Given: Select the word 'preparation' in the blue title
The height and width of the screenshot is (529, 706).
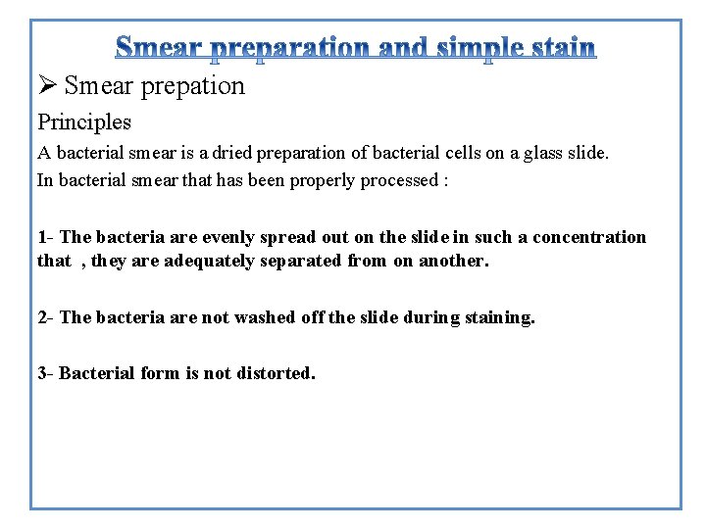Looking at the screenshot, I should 292,48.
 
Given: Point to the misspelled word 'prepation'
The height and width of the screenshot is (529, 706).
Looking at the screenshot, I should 193,87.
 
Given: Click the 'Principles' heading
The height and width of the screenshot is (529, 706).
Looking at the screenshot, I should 84,122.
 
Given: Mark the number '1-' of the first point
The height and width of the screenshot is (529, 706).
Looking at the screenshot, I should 46,237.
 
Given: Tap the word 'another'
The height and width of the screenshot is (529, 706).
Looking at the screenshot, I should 454,261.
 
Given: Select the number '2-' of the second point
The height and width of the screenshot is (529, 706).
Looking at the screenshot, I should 46,317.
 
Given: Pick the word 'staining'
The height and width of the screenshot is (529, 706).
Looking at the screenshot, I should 500,317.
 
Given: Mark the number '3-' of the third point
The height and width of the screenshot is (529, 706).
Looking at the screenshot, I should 46,373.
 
